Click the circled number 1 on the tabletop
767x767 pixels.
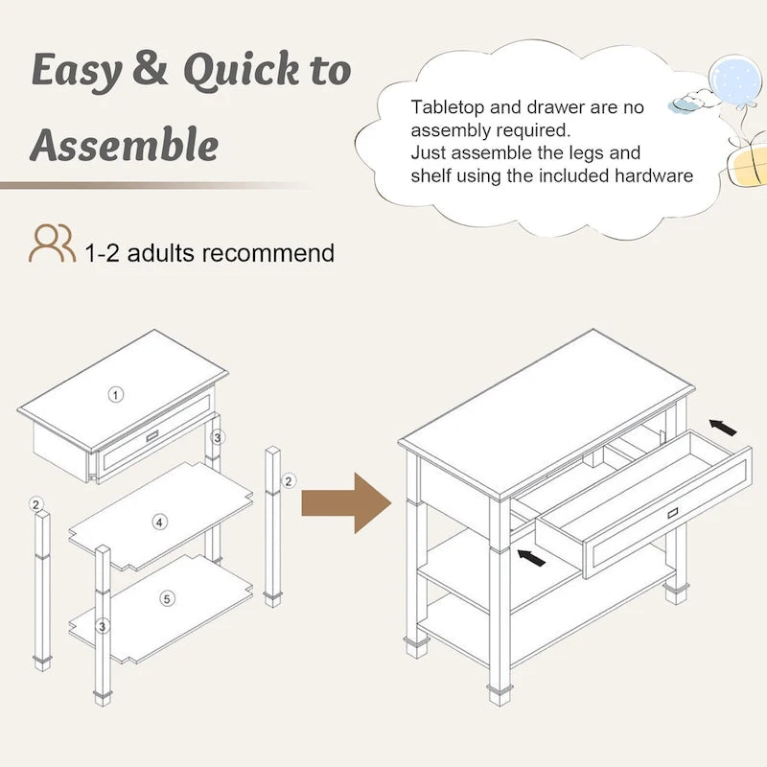pos(115,395)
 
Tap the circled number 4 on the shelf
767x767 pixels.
pos(159,523)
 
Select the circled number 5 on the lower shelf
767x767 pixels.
pos(167,598)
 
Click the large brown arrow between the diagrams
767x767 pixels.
pos(346,502)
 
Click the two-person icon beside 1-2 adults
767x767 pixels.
pos(53,244)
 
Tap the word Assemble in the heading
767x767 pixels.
pos(125,145)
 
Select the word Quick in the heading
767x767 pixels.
pos(241,71)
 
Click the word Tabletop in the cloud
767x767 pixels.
pos(448,107)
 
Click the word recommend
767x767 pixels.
pos(268,253)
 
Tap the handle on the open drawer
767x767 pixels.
pos(673,513)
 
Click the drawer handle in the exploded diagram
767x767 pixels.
pos(152,436)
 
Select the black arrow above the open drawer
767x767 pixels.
pos(723,428)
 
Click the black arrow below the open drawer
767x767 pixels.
pos(531,558)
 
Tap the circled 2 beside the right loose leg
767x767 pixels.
pos(289,481)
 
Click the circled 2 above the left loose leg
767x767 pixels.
pos(36,504)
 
